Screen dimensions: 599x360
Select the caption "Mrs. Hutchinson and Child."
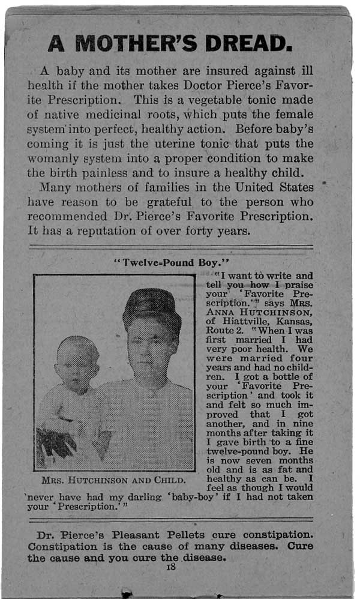pos(114,480)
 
